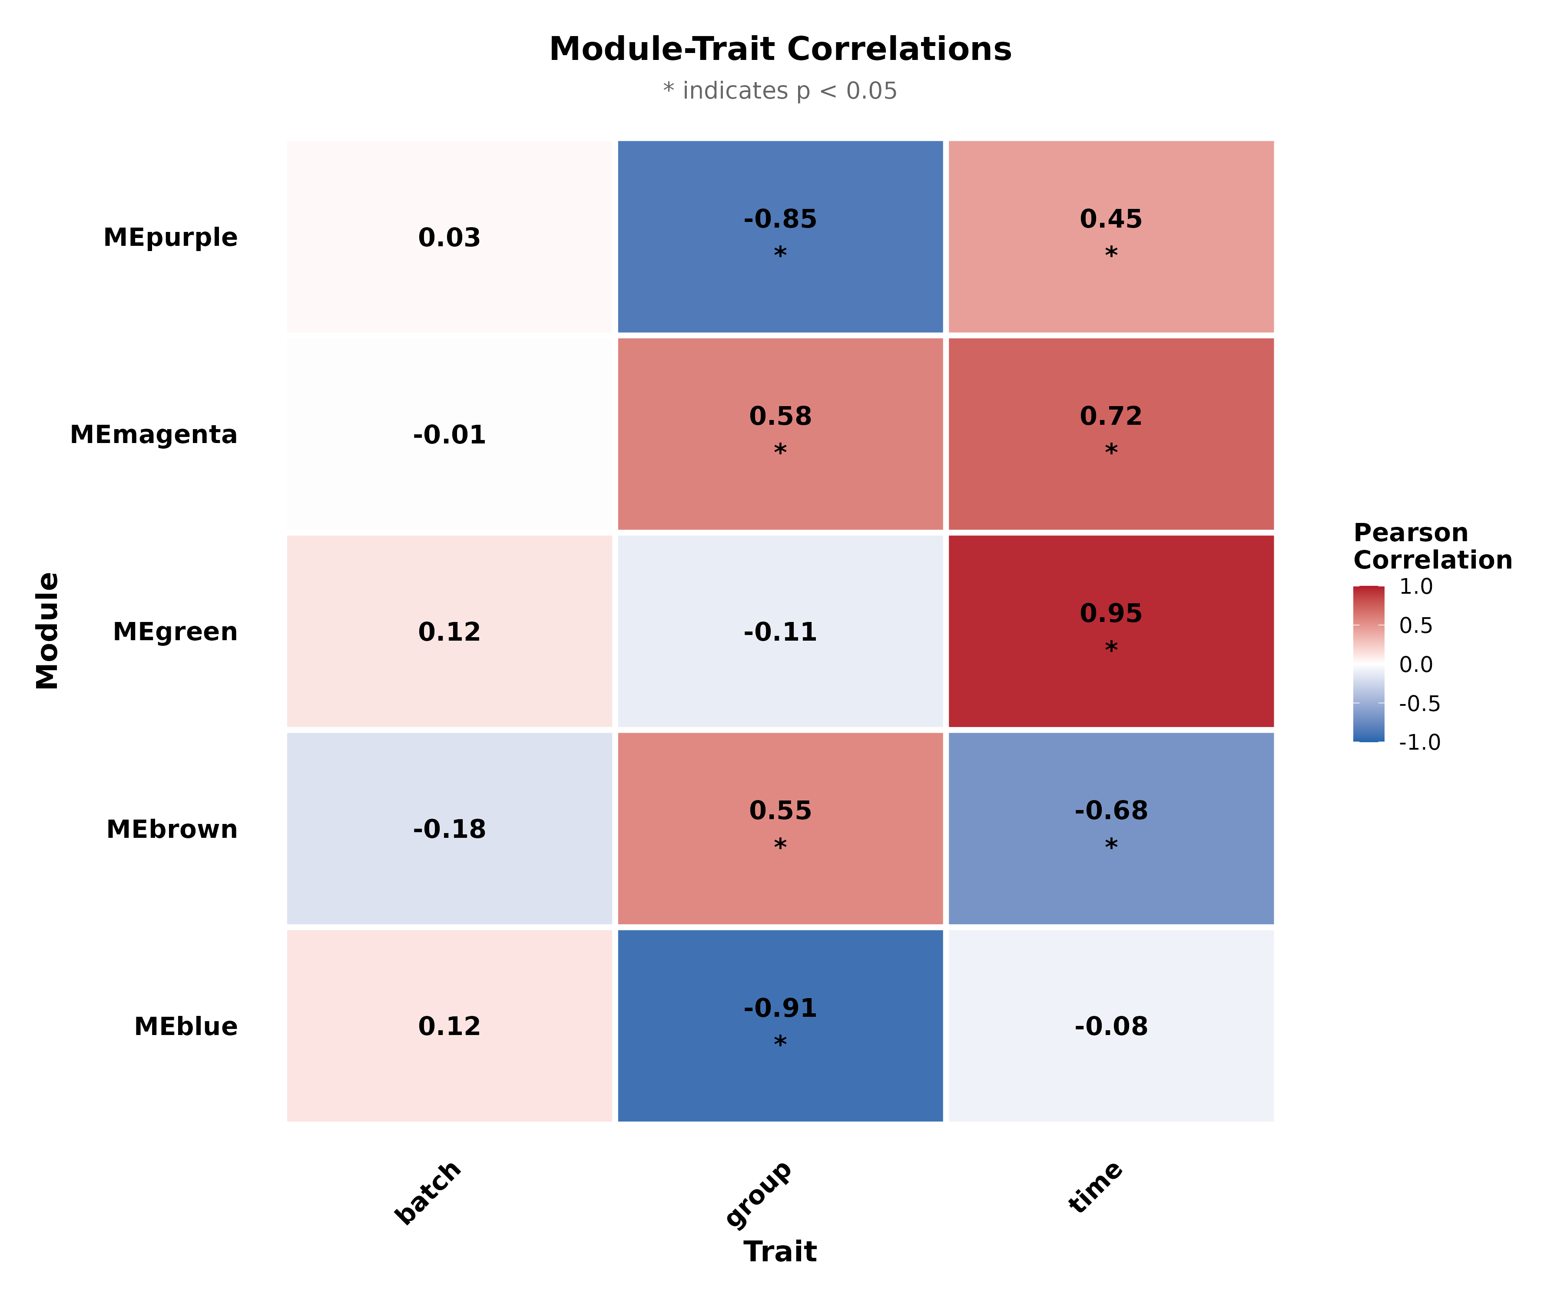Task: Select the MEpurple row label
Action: [x=171, y=238]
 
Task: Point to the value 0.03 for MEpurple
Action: [x=449, y=238]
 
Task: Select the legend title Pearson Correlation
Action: [x=1431, y=546]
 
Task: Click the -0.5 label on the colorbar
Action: [x=1419, y=704]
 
